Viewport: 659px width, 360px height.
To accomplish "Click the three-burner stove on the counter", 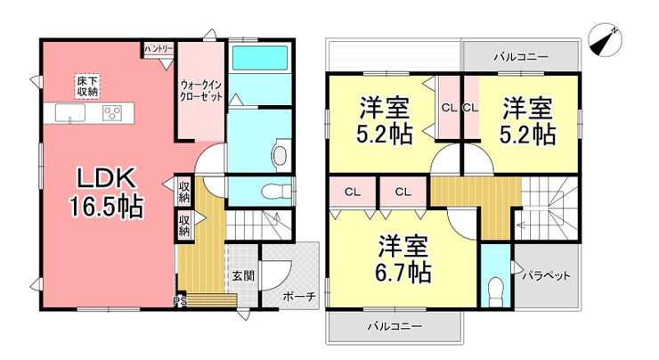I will pos(113,113).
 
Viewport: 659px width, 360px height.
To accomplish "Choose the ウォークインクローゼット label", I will pos(201,88).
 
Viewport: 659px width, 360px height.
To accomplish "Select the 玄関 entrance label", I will pos(243,276).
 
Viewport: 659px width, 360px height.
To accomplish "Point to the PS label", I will pos(180,300).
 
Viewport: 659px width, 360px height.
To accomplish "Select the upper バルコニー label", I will pos(522,57).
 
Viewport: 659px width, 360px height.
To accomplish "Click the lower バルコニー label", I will pos(393,326).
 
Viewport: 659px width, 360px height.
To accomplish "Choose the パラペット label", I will pos(545,276).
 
